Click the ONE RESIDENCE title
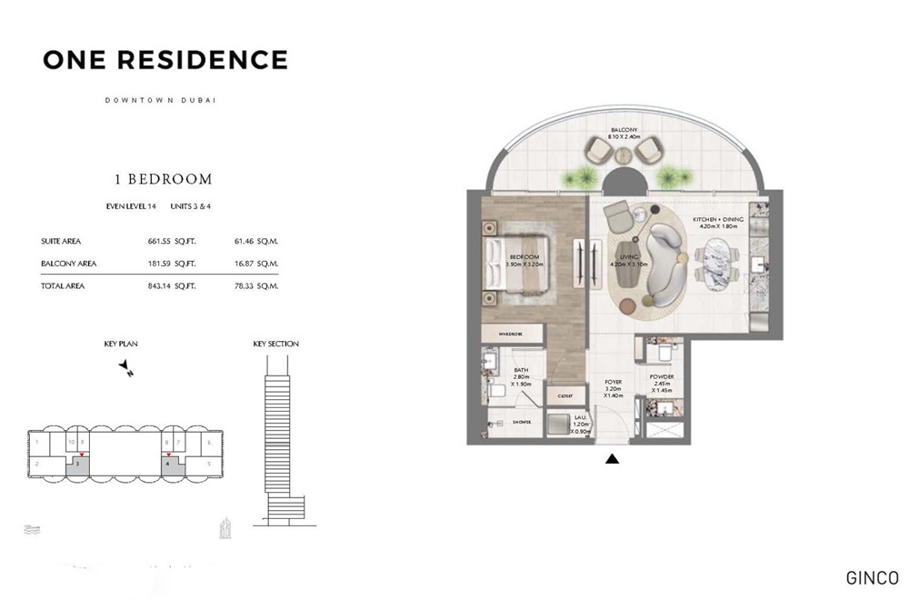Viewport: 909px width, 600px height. (x=165, y=60)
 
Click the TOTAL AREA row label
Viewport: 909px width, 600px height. (x=63, y=285)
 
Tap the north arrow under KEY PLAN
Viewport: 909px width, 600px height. (x=126, y=367)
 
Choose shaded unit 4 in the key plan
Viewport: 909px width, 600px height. (x=169, y=465)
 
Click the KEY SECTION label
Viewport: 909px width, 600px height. (x=275, y=344)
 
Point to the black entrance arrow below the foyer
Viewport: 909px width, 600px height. (x=613, y=459)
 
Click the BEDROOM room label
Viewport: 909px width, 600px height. (x=524, y=257)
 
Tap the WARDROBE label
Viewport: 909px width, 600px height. (x=511, y=335)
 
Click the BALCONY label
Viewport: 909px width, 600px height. (x=623, y=130)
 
